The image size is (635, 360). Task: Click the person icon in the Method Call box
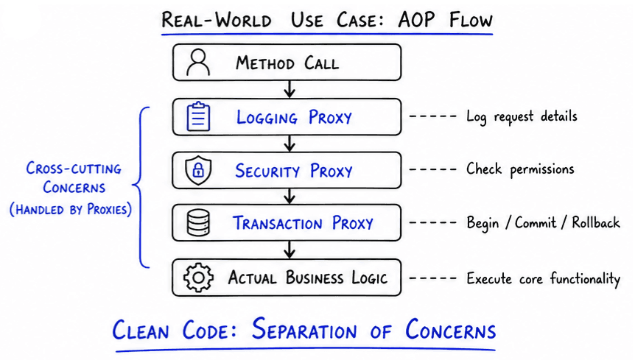pyautogui.click(x=198, y=63)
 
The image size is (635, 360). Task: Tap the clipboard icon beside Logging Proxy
pyautogui.click(x=198, y=117)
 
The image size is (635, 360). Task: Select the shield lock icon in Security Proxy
pyautogui.click(x=198, y=171)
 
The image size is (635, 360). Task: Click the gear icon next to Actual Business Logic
pyautogui.click(x=198, y=278)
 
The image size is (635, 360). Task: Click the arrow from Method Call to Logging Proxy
pyautogui.click(x=290, y=89)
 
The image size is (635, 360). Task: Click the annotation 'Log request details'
pyautogui.click(x=522, y=117)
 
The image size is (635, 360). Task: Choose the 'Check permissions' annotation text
pyautogui.click(x=520, y=169)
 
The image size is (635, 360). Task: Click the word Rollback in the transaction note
pyautogui.click(x=596, y=223)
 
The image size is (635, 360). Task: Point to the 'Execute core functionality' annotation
pyautogui.click(x=544, y=279)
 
